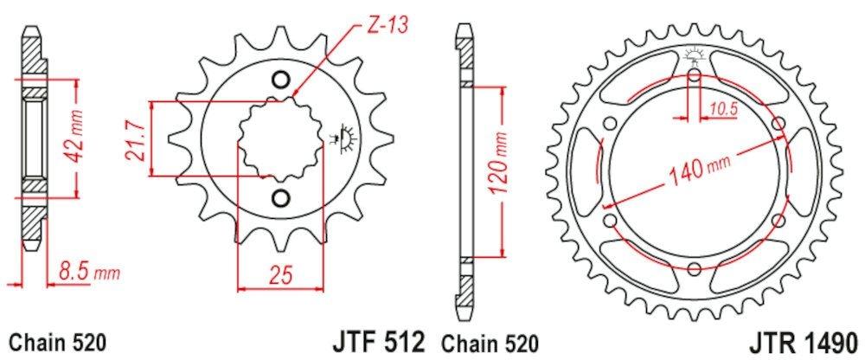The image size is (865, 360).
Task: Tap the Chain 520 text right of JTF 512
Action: pyautogui.click(x=490, y=341)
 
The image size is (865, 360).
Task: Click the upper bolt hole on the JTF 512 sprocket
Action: pyautogui.click(x=279, y=80)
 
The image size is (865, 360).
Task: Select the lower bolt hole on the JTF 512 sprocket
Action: pyautogui.click(x=279, y=199)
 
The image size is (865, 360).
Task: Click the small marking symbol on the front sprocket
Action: pyautogui.click(x=345, y=138)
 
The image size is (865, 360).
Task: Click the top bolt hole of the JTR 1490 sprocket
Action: pyautogui.click(x=695, y=77)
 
